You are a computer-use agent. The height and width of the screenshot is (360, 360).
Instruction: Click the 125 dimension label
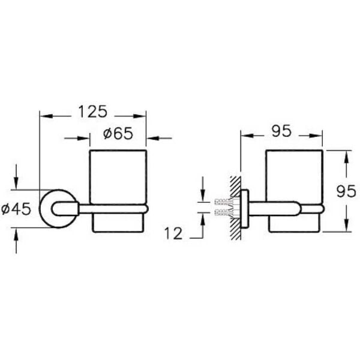(92, 112)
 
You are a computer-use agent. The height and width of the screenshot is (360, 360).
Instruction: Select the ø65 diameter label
(118, 134)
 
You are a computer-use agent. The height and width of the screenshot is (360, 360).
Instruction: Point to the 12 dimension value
(172, 234)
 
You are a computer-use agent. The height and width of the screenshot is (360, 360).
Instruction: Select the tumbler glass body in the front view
(118, 177)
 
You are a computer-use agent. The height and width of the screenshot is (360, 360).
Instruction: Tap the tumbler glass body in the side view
(294, 177)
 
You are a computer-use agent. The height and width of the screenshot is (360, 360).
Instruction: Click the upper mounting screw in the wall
(222, 202)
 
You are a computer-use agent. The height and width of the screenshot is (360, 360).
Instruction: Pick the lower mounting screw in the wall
(222, 213)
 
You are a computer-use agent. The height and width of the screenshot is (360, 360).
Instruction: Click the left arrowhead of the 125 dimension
(44, 115)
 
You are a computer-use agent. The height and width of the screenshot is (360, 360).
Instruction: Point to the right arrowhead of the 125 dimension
(142, 115)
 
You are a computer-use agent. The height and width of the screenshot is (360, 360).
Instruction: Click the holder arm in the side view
(282, 208)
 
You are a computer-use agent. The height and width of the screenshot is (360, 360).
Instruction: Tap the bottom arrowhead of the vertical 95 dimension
(346, 227)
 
